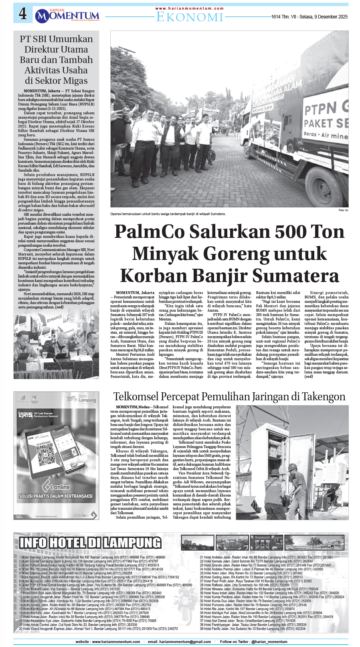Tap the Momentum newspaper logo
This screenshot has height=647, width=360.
click(x=67, y=16)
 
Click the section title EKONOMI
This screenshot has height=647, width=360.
click(x=189, y=17)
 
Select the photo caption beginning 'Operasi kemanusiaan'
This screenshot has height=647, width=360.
click(x=168, y=214)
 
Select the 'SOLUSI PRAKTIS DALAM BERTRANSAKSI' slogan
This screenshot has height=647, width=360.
click(x=56, y=496)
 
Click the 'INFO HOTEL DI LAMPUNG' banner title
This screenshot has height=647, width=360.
click(x=90, y=543)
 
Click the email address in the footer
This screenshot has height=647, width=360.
click(x=179, y=641)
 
